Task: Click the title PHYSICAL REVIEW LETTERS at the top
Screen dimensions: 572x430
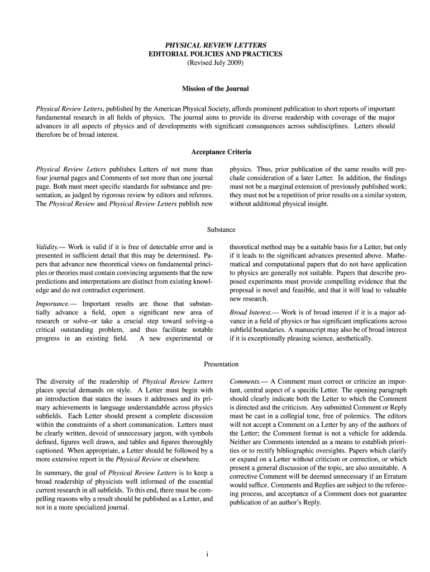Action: point(215,44)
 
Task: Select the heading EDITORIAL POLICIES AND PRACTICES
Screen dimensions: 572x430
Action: point(215,54)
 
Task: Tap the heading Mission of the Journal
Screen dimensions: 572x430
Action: point(215,89)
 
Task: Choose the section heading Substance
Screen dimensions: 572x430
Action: point(221,230)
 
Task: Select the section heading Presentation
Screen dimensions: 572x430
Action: point(221,364)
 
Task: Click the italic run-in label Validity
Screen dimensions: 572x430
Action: point(47,246)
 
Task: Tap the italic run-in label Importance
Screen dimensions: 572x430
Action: point(51,303)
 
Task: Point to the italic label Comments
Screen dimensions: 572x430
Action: point(245,381)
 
